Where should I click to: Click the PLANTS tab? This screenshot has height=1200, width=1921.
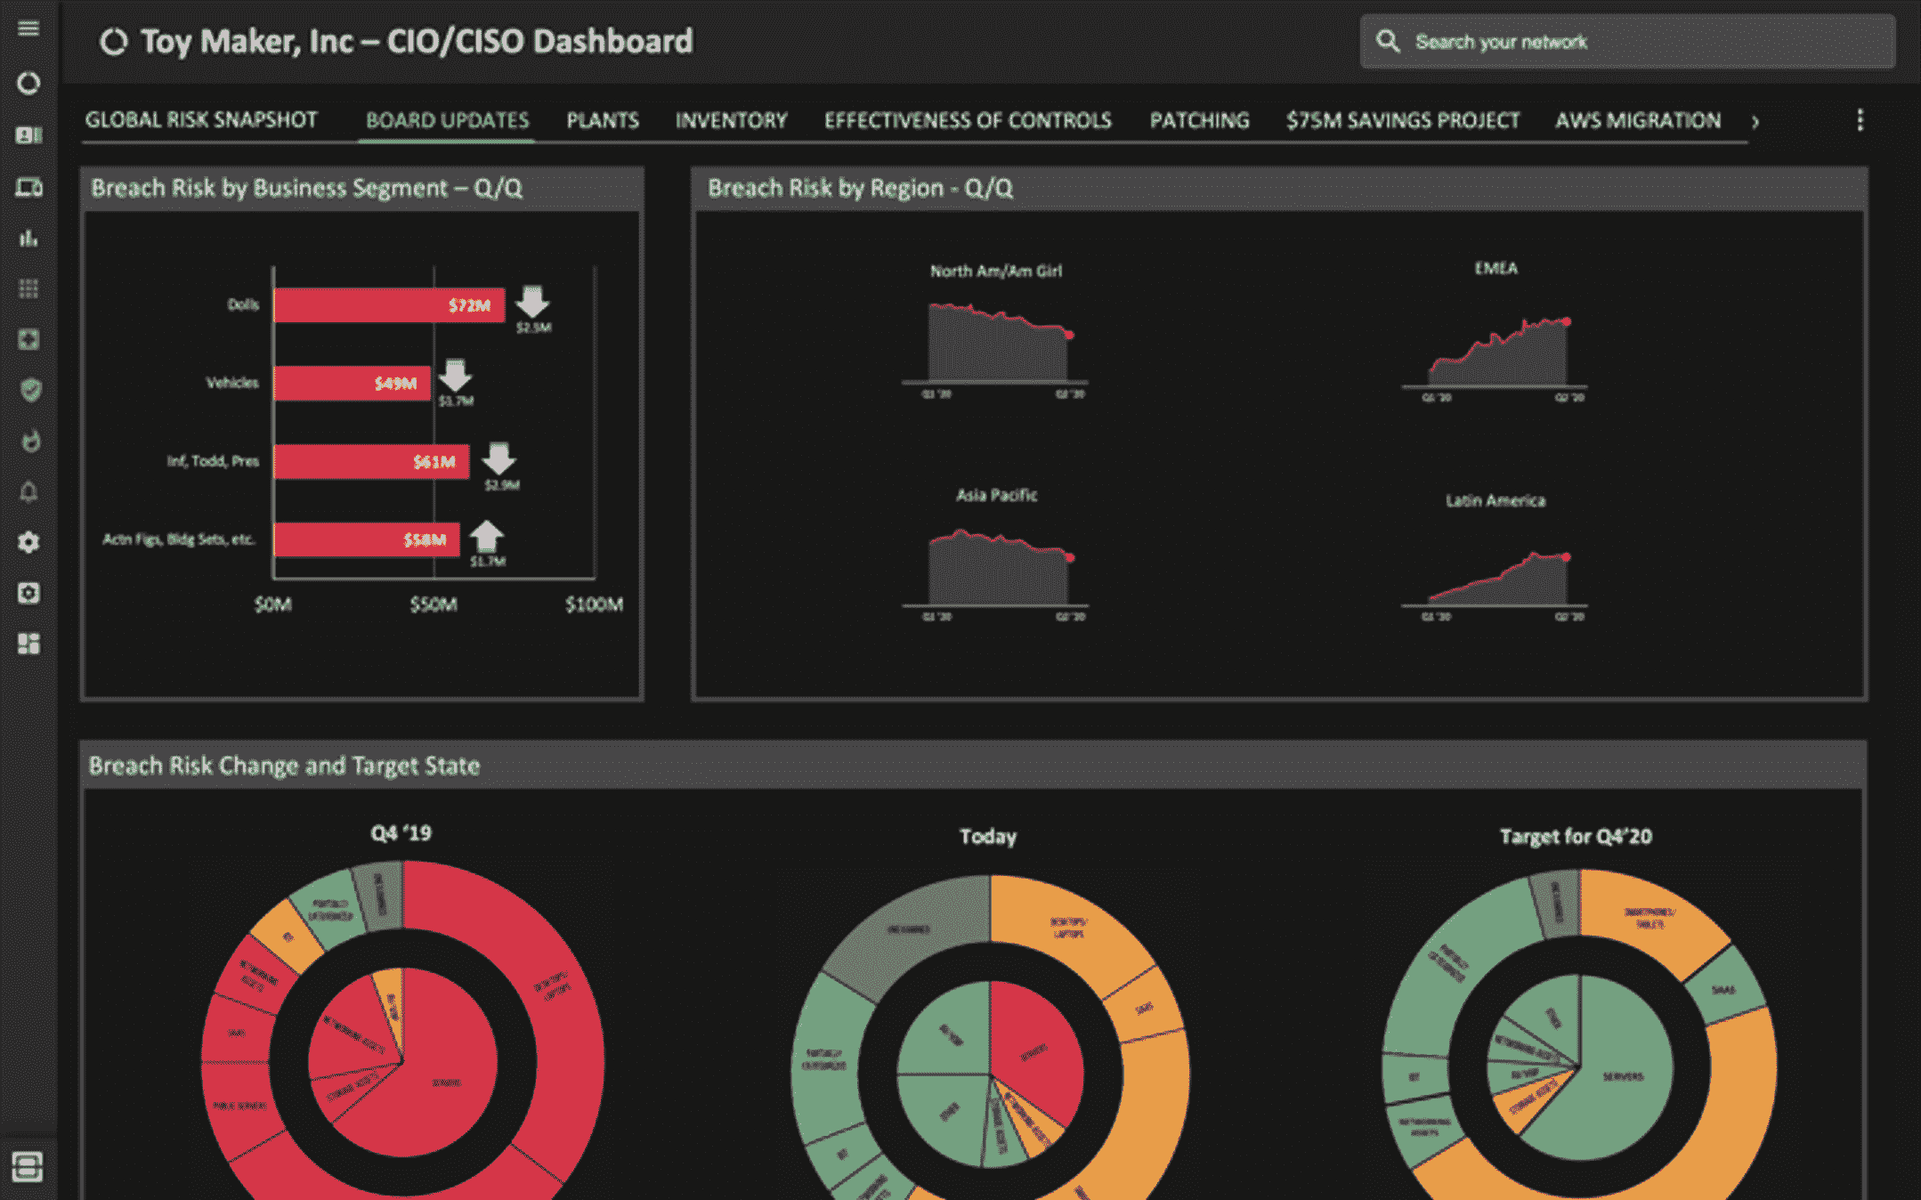603,120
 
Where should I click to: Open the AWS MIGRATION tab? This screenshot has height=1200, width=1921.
1637,120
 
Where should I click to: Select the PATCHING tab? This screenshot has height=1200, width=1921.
1199,120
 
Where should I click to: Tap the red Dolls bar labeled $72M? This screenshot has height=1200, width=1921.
388,305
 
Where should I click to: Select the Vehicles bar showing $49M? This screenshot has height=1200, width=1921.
352,383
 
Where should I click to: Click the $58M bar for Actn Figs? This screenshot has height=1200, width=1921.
366,539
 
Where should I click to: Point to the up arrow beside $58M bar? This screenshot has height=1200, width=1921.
486,536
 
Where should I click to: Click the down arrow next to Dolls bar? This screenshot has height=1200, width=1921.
532,302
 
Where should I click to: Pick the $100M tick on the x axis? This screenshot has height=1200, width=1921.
594,604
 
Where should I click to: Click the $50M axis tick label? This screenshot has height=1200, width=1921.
434,604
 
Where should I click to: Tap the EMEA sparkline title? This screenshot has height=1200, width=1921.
1495,268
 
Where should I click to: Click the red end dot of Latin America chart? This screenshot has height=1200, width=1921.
1566,557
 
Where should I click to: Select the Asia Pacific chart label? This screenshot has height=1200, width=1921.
996,495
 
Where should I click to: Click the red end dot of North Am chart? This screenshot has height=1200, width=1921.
1069,335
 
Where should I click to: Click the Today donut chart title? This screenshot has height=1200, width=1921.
988,836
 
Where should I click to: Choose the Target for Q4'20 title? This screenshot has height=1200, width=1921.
1575,836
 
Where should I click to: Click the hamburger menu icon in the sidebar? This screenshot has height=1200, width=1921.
28,28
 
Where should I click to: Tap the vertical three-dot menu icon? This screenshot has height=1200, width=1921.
1860,120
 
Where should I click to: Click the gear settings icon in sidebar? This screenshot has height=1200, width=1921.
28,542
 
